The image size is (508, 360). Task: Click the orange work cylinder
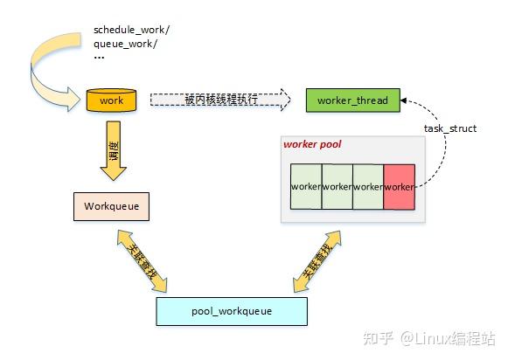[112, 100]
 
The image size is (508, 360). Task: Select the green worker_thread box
[346, 100]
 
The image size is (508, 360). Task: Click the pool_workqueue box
[231, 310]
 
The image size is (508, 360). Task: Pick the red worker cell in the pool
[398, 186]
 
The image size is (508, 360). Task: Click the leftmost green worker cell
[305, 186]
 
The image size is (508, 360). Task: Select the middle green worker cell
[337, 186]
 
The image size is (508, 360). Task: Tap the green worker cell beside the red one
[367, 186]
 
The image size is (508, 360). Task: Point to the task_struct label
[449, 129]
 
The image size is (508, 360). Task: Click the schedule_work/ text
[131, 30]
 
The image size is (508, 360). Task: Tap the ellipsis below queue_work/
[99, 58]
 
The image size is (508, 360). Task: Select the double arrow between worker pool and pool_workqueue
[317, 260]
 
